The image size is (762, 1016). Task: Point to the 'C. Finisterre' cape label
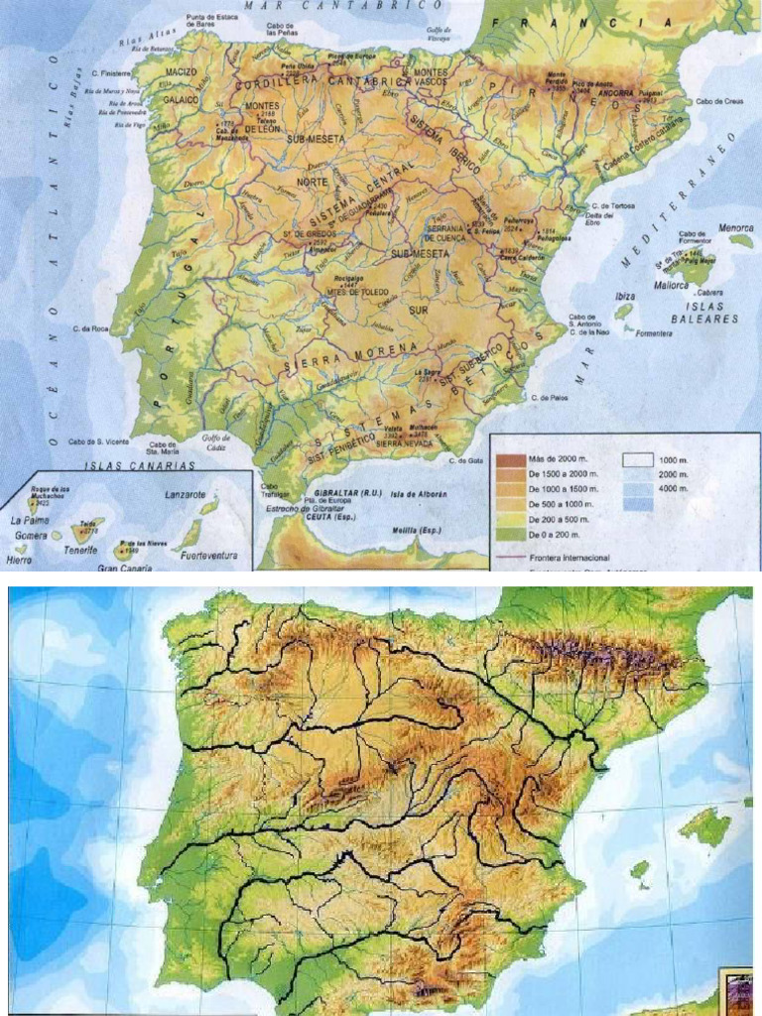coord(111,72)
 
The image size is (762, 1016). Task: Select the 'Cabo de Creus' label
coord(719,100)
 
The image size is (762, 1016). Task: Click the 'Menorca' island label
coord(736,227)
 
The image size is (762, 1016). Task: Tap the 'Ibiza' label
coord(625,296)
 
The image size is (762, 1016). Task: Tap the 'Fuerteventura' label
coord(209,557)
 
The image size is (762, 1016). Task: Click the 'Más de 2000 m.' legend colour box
coord(510,459)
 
